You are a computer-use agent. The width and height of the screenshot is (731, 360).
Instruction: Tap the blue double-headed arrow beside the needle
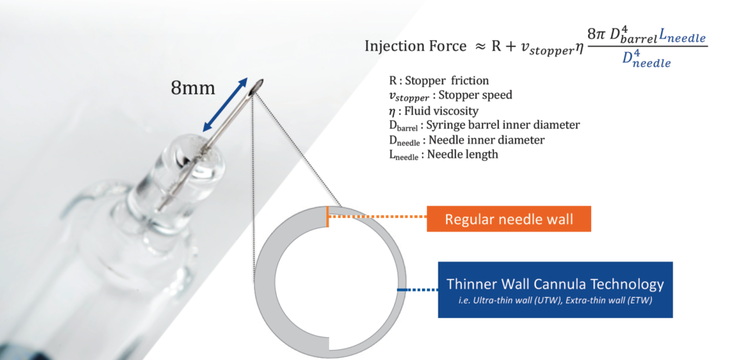pos(225,104)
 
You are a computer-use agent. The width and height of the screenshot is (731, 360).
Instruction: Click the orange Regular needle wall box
pos(508,219)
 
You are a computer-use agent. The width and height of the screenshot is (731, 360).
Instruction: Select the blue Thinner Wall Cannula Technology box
pos(555,289)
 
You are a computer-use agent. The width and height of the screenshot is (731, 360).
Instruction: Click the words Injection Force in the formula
pos(415,46)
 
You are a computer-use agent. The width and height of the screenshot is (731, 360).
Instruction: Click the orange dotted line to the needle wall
pos(377,216)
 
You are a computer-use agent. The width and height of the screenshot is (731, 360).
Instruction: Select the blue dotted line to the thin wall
pos(417,289)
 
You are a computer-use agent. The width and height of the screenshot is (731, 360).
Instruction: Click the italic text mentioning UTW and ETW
pos(555,301)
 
